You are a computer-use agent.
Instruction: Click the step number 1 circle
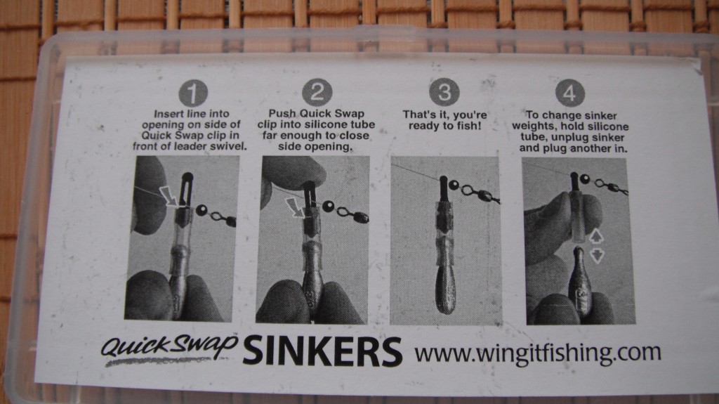(193, 93)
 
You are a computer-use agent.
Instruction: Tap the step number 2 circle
(317, 92)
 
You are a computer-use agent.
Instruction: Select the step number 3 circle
(444, 92)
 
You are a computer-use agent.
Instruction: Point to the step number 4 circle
(570, 93)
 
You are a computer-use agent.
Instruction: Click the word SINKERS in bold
(322, 352)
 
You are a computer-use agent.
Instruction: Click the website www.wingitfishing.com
(538, 353)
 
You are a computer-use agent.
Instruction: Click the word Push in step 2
(282, 113)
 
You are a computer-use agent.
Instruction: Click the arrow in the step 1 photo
(169, 195)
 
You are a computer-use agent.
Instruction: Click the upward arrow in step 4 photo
(595, 237)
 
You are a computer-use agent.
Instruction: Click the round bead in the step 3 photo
(454, 185)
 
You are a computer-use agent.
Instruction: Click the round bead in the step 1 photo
(202, 211)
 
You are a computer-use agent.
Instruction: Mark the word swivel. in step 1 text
(232, 146)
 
